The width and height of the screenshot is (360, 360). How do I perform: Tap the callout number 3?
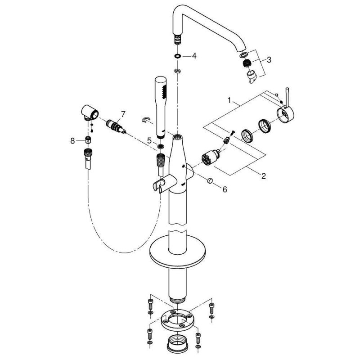(x=269, y=59)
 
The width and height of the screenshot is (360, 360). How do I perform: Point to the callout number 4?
(x=194, y=56)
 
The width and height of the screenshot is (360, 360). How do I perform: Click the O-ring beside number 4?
(x=178, y=57)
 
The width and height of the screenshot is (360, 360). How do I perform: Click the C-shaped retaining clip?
(x=145, y=119)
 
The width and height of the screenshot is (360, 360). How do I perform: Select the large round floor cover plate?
(x=177, y=252)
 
